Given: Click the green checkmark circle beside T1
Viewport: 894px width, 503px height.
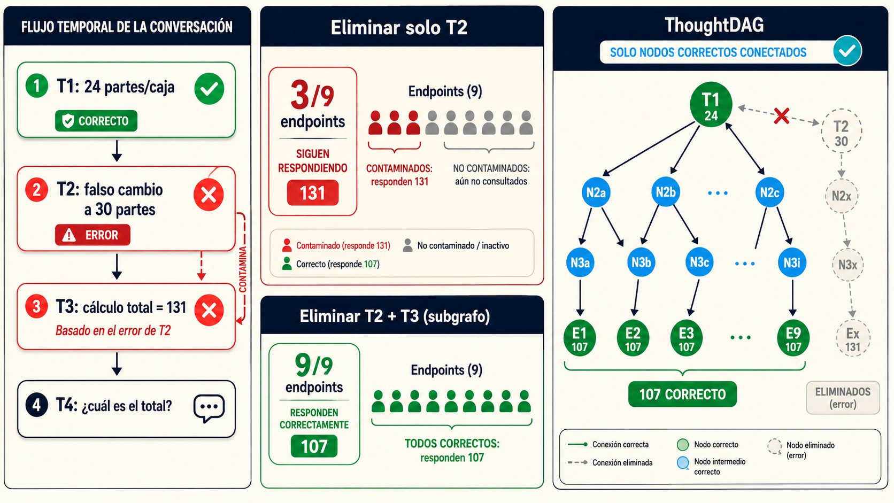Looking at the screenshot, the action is (x=209, y=89).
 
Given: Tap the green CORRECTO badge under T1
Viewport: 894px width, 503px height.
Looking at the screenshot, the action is (x=96, y=121).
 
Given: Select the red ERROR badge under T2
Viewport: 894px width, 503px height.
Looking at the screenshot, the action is (x=93, y=235).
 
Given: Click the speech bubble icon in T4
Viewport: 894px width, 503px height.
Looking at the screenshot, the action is (x=209, y=408).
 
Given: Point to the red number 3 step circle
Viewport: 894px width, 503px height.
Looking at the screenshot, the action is (x=37, y=306).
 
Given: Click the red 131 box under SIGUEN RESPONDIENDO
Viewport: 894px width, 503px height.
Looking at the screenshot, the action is (x=313, y=193).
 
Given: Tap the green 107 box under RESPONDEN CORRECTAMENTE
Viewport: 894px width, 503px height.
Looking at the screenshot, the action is (x=314, y=446).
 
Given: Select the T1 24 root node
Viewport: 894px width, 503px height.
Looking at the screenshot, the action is (x=711, y=105).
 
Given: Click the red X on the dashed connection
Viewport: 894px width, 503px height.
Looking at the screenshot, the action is (x=781, y=116).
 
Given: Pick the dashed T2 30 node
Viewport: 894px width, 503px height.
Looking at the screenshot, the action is (x=841, y=131).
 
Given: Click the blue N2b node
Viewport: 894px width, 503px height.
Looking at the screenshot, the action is (x=666, y=192).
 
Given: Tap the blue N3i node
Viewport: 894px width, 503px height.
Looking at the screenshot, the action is (x=792, y=262).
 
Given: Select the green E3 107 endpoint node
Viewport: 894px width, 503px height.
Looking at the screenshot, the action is (x=687, y=338).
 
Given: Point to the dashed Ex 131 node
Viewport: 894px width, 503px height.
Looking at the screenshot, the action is (x=853, y=339).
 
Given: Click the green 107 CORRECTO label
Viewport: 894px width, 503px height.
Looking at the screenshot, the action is (x=682, y=394).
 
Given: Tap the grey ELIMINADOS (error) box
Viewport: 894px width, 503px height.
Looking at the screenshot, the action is (x=843, y=398).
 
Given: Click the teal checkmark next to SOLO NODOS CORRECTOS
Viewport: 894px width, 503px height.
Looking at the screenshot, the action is (x=847, y=51).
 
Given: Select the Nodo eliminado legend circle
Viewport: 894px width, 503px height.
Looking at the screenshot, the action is (x=775, y=446).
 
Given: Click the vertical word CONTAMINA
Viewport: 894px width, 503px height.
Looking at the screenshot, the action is (x=243, y=269).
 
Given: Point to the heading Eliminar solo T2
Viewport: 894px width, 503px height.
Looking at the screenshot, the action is (x=399, y=28).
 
